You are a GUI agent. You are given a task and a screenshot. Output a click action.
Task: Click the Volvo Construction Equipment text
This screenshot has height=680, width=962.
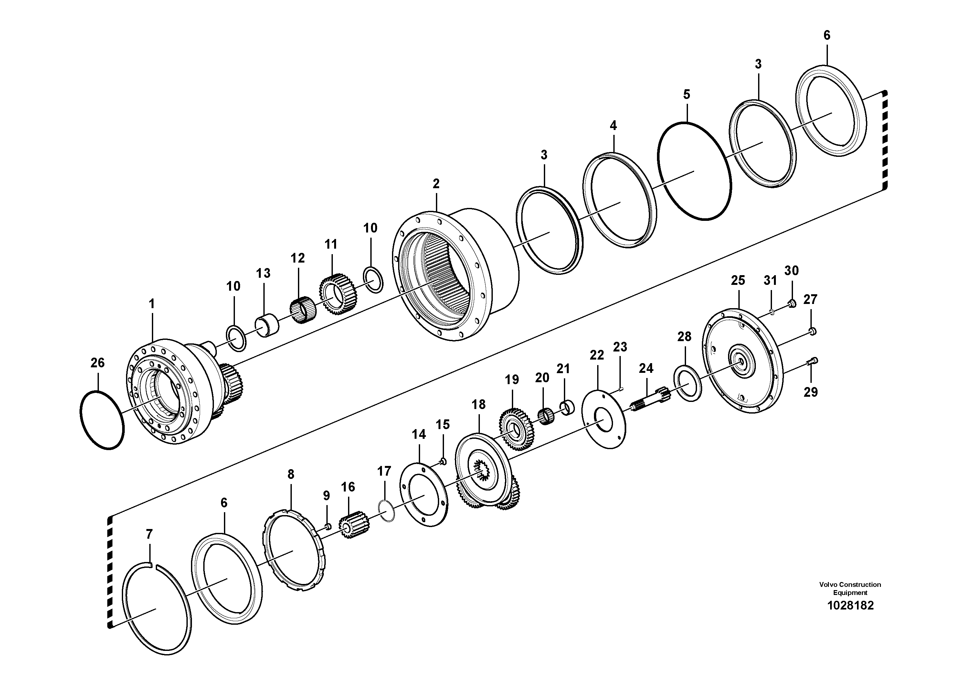[x=850, y=588]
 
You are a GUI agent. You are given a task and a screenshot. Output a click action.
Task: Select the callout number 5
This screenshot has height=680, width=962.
[x=686, y=94]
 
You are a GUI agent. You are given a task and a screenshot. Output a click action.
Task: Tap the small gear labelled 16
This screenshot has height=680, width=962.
[x=354, y=525]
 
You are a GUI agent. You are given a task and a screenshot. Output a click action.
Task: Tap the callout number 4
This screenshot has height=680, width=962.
[x=613, y=125]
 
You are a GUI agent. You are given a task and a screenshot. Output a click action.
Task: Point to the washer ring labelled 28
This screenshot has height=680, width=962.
[x=688, y=383]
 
